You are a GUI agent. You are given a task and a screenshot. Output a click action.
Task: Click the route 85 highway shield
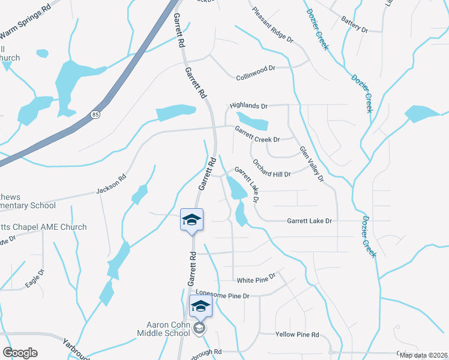pos(95,114)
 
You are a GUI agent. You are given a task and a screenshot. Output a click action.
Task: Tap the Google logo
pos(20,353)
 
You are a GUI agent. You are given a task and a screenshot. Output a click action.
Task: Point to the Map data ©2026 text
pos(423,355)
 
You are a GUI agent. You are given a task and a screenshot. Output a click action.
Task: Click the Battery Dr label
pos(354,24)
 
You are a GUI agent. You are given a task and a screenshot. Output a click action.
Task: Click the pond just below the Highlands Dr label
pos(252,121)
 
